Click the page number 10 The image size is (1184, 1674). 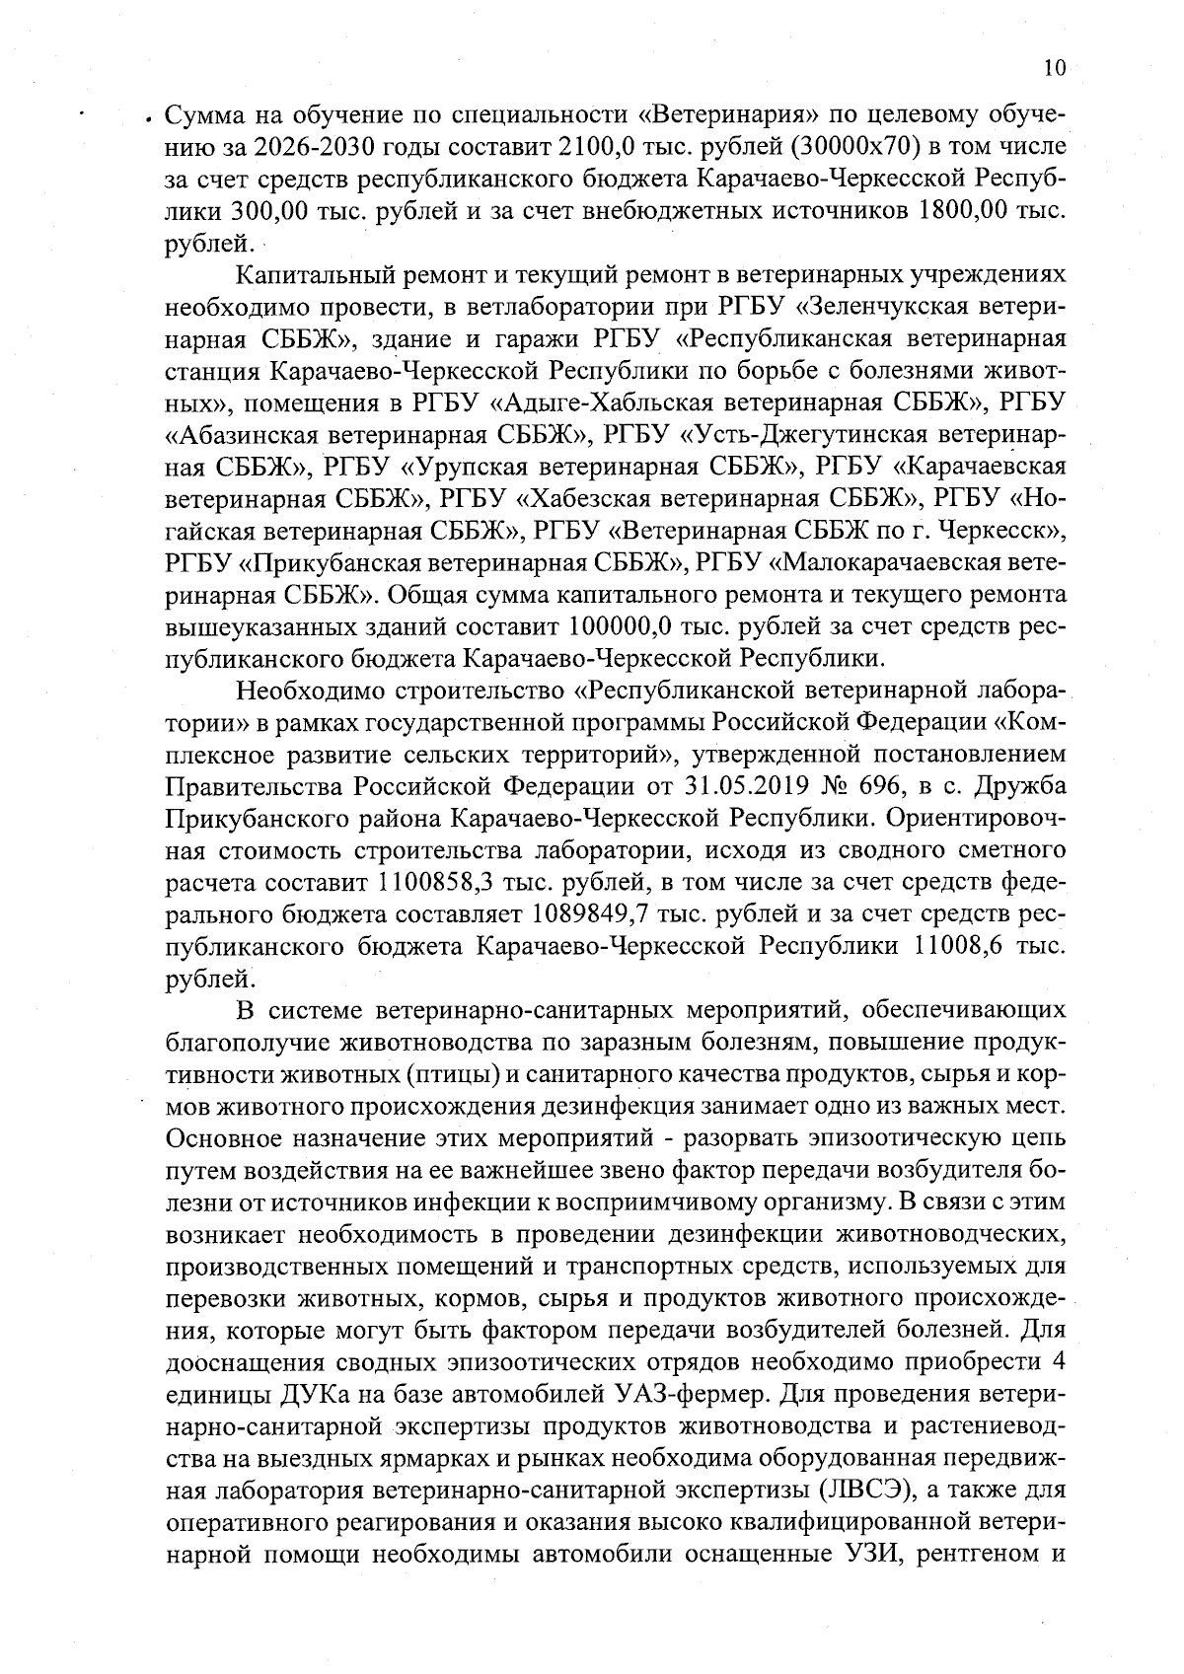click(1053, 67)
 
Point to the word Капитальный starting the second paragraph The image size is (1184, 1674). click(310, 274)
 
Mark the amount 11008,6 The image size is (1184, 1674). click(962, 946)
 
